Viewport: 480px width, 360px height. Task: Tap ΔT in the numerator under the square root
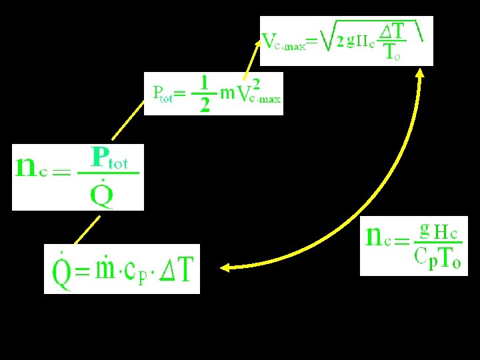(x=394, y=31)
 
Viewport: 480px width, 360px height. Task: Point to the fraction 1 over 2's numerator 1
(x=206, y=82)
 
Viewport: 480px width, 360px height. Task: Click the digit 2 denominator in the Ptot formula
(x=205, y=104)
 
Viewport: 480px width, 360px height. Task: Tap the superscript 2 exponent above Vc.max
(x=257, y=81)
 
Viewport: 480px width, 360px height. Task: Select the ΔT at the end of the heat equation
(x=177, y=269)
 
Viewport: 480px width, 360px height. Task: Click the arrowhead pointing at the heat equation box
(x=225, y=268)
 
